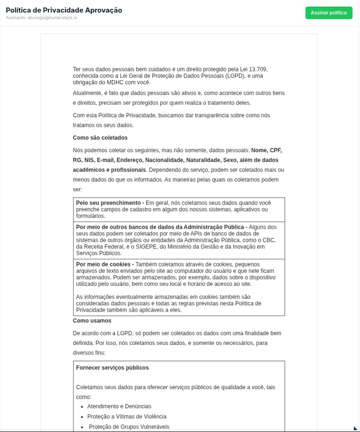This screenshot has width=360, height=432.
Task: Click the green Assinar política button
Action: click(329, 13)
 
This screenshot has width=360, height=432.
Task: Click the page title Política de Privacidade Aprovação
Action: click(64, 10)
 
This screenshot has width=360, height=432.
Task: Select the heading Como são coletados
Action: click(100, 138)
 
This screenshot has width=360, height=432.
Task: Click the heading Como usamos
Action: click(92, 321)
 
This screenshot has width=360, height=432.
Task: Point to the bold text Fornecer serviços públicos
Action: click(112, 368)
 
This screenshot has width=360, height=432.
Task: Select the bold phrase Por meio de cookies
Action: click(104, 264)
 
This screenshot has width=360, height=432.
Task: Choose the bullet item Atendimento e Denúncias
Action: click(119, 407)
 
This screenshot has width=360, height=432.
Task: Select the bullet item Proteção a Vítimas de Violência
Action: click(127, 417)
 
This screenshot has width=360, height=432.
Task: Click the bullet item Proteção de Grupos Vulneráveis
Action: click(129, 427)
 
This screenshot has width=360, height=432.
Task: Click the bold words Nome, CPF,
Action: click(266, 150)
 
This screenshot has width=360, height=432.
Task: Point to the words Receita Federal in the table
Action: click(103, 247)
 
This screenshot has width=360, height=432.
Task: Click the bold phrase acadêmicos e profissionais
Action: click(109, 170)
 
